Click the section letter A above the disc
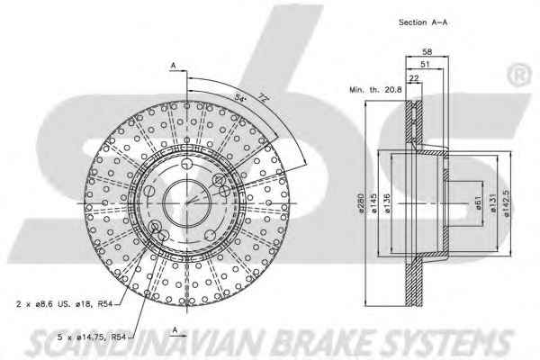coord(171,65)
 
